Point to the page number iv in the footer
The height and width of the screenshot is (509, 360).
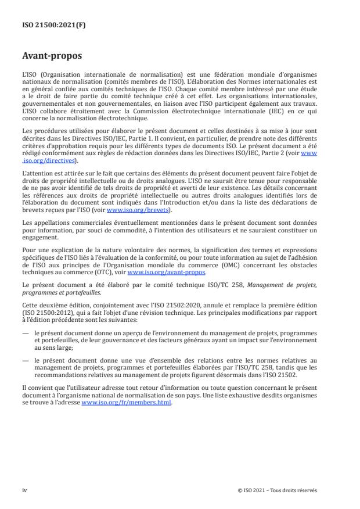pos(24,490)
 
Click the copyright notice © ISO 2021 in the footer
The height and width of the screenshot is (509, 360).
pos(278,490)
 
